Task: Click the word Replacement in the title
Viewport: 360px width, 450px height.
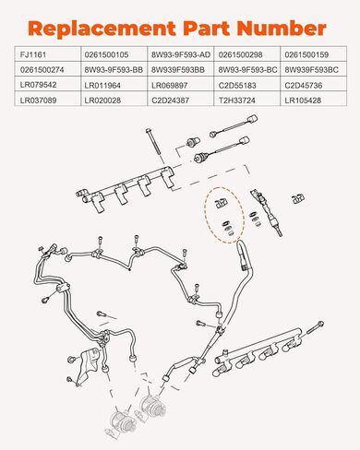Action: click(x=102, y=29)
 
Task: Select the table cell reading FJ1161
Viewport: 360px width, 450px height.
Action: click(x=48, y=54)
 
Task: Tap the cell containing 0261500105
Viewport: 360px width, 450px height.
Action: click(x=114, y=54)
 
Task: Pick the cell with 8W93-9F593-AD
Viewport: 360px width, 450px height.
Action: click(x=181, y=54)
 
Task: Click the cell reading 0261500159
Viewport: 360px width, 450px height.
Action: click(x=314, y=54)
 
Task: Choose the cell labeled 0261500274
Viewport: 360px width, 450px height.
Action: click(x=48, y=69)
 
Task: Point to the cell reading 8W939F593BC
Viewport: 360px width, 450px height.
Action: click(x=314, y=69)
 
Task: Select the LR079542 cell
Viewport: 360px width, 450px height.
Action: click(x=48, y=84)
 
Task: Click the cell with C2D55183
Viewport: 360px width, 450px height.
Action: click(x=247, y=84)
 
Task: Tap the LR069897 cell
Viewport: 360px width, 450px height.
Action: click(x=181, y=84)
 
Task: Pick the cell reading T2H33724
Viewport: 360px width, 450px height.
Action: click(x=247, y=99)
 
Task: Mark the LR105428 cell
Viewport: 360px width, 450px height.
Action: click(x=314, y=99)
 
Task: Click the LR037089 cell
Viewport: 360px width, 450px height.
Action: click(x=48, y=99)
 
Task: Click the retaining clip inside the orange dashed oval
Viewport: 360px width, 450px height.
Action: click(x=221, y=203)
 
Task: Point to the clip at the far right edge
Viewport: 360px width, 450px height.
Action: click(x=298, y=198)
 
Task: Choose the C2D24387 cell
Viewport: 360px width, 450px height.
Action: click(x=181, y=99)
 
